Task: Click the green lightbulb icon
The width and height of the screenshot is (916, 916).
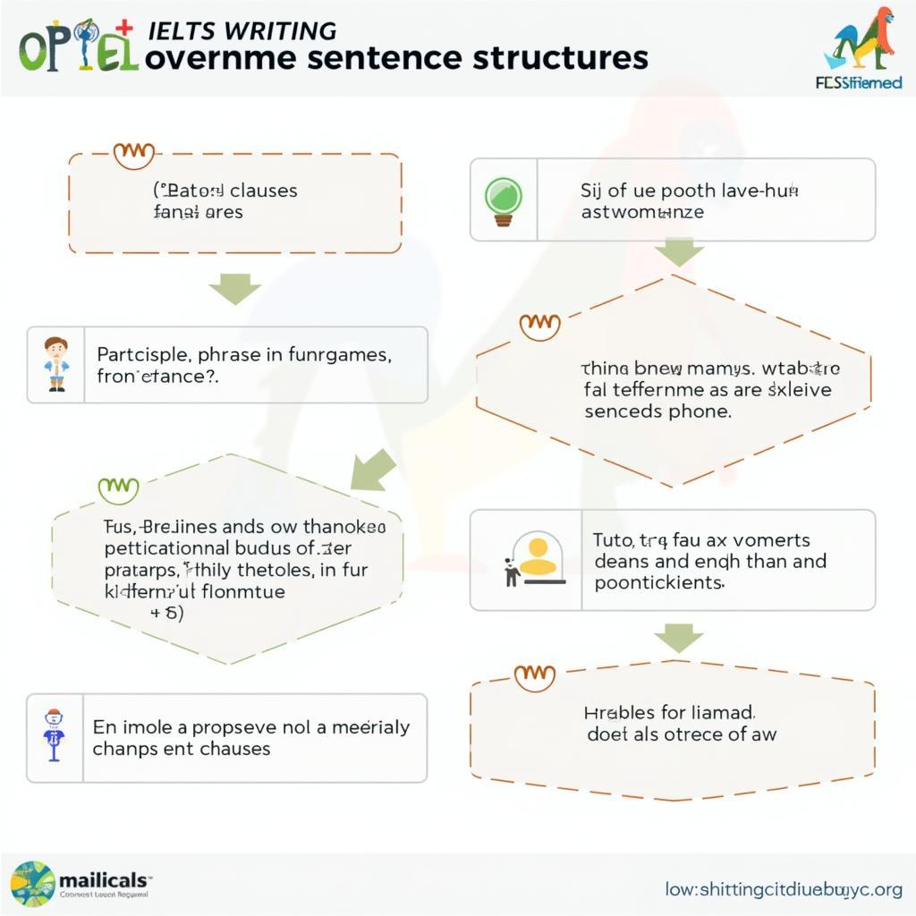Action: (x=503, y=199)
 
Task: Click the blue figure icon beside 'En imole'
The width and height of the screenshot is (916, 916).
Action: (x=55, y=734)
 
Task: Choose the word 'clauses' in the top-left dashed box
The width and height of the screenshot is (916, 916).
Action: (x=264, y=191)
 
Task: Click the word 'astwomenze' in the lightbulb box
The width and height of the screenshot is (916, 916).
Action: (x=642, y=212)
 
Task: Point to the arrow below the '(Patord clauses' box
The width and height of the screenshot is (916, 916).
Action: (x=234, y=289)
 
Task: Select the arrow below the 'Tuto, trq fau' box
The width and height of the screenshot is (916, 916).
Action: (x=679, y=638)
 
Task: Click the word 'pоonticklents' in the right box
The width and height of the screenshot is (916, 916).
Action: (x=658, y=582)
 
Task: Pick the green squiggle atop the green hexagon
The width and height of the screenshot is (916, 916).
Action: (x=118, y=488)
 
